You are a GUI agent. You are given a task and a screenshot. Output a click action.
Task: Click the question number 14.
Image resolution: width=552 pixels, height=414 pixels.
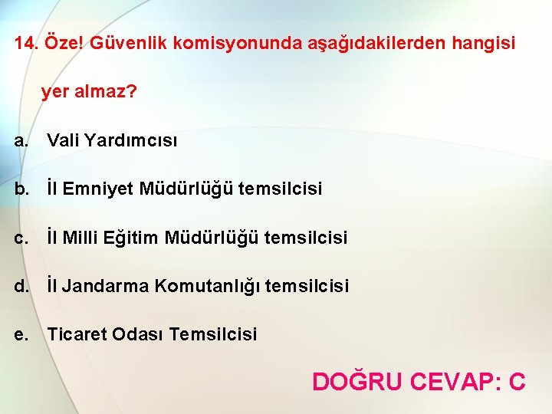[x=25, y=44]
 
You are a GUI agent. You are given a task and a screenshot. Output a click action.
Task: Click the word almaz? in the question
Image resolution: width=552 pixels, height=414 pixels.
[x=107, y=93]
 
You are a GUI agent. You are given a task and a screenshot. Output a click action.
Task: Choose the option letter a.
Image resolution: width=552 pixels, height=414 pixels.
[x=21, y=140]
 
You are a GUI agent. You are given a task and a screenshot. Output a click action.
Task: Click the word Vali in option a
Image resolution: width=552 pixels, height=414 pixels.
[x=63, y=140]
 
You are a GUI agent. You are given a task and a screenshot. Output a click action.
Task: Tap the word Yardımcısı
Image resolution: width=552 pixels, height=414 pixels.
[x=131, y=140]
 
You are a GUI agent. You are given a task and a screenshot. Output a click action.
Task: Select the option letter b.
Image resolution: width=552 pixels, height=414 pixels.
[x=21, y=189]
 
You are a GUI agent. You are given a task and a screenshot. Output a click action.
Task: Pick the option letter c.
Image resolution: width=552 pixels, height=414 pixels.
[x=21, y=238]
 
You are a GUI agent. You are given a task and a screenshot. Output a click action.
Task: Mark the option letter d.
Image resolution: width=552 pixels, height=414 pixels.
[x=21, y=286]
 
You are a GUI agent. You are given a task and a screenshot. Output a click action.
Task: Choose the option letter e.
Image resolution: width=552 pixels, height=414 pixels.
[x=21, y=334]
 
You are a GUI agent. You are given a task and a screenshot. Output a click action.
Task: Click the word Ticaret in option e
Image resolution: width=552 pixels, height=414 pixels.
[x=77, y=334]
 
